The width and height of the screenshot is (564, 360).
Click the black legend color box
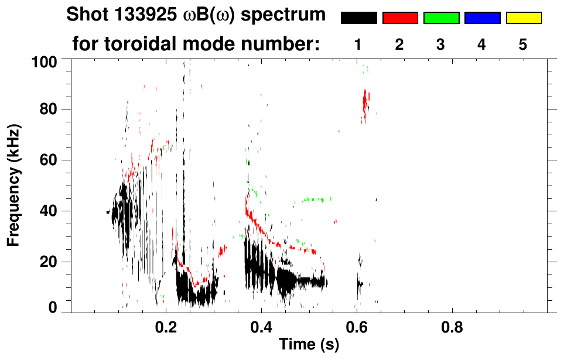pos(359,18)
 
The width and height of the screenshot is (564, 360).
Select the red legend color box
pos(400,18)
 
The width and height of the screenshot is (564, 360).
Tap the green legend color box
pos(441,18)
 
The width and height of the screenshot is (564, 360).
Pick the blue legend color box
pos(482,18)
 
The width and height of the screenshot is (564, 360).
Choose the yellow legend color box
pos(523,18)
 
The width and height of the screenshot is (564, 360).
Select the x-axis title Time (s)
pos(309,345)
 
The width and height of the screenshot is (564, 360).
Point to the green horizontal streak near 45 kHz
pos(317,200)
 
